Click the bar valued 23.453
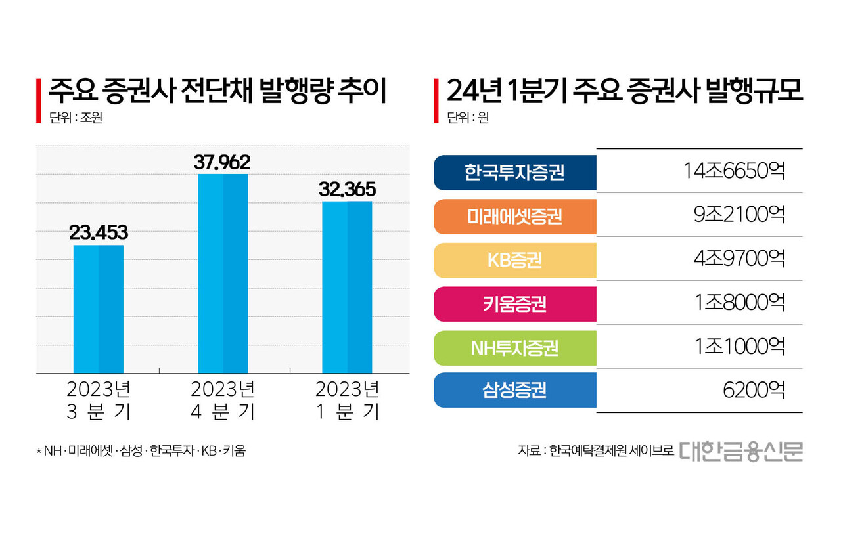(99, 309)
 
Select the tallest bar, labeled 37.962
(223, 274)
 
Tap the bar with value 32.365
(347, 288)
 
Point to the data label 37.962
(223, 162)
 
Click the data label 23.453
(99, 232)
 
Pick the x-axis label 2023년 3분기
(99, 401)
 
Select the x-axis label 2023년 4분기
(223, 401)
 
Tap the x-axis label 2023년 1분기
(347, 401)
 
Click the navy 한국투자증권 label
(515, 172)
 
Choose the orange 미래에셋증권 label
(515, 216)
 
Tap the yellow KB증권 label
(515, 260)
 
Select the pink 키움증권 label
(515, 304)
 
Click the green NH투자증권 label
(515, 347)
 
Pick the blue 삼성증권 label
(515, 391)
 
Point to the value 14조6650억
(733, 171)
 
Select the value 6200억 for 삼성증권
(752, 391)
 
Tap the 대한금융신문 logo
(741, 451)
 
